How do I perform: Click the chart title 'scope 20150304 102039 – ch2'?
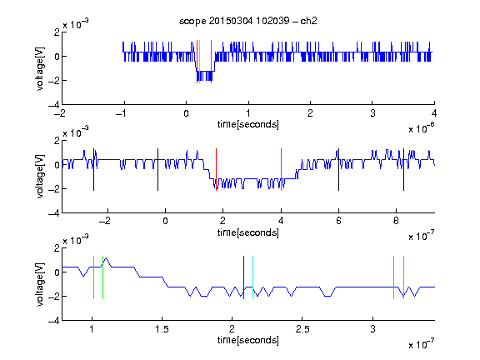point(248,21)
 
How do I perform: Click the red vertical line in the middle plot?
point(216,170)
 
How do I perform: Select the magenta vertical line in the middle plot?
point(281,170)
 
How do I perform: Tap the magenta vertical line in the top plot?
point(211,62)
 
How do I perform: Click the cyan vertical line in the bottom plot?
point(252,277)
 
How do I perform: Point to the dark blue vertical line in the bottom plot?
point(243,277)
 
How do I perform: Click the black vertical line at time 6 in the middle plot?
point(338,170)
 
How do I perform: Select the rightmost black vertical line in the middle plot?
point(403,170)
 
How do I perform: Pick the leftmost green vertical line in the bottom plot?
point(93,277)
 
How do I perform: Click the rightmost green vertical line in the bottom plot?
point(404,277)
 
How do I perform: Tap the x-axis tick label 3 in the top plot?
point(372,113)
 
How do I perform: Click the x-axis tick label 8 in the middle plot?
point(396,221)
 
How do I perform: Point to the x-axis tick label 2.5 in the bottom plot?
point(302,329)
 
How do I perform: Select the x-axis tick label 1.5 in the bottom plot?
point(162,329)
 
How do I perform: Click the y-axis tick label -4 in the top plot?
point(54,105)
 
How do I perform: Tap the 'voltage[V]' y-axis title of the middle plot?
point(40,177)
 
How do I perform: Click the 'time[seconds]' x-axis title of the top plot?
point(248,124)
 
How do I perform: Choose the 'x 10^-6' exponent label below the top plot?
point(422,128)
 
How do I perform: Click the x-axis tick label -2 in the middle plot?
point(104,221)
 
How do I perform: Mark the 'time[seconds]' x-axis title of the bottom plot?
point(248,340)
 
